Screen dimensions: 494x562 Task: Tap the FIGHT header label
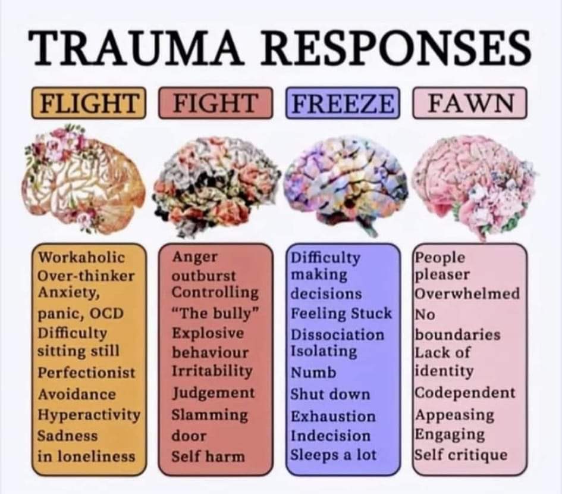[215, 103]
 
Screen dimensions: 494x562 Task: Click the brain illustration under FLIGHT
[83, 179]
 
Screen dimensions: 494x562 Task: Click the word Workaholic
[82, 257]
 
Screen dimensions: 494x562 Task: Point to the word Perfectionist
[87, 373]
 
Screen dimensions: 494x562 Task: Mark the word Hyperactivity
[89, 414]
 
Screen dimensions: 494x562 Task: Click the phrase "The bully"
[215, 313]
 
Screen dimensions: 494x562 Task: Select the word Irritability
[212, 370]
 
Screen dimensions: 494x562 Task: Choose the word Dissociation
[337, 334]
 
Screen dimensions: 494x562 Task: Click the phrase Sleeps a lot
[333, 455]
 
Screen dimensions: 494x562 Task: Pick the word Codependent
[465, 393]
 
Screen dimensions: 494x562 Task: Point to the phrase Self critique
[461, 455]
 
